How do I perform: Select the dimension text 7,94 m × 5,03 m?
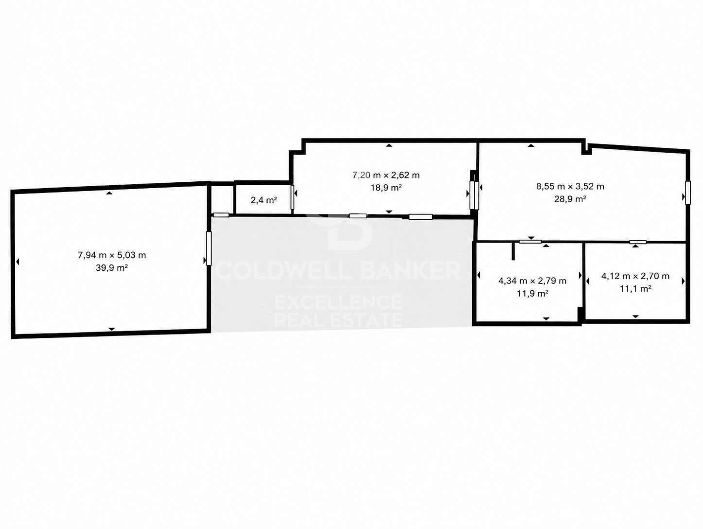112,255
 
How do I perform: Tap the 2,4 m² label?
264,200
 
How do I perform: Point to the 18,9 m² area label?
386,188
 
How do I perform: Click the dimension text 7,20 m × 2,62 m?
386,175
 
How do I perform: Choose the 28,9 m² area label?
570,199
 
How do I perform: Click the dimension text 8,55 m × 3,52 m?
570,186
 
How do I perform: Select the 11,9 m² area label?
532,294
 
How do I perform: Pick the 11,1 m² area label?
635,289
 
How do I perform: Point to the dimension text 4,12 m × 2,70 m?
635,276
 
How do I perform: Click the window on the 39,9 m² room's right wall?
209,248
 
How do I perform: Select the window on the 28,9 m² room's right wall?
687,193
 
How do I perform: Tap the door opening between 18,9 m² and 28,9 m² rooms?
475,195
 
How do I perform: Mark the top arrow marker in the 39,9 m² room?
109,193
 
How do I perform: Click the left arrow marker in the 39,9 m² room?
18,262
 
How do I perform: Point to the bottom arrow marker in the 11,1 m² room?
636,317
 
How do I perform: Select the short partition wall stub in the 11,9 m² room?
513,251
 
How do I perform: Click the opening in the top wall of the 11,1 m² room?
638,242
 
